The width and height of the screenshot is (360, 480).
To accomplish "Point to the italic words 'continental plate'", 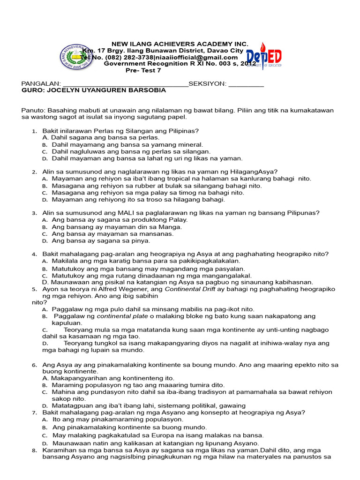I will pyautogui.click(x=119, y=316).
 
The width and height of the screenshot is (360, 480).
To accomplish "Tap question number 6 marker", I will pyautogui.click(x=34, y=364).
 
